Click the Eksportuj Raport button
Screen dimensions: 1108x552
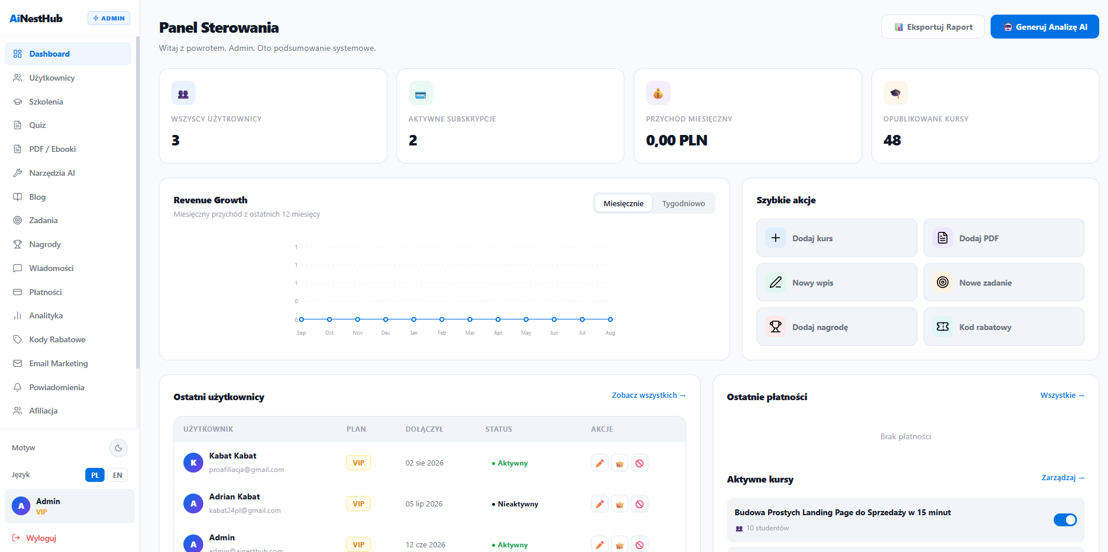click(x=933, y=27)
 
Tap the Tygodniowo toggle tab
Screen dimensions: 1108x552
click(x=683, y=203)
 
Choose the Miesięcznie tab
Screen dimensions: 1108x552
click(x=623, y=203)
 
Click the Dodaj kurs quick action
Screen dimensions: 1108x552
click(x=836, y=238)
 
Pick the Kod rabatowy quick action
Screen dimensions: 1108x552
click(x=1003, y=327)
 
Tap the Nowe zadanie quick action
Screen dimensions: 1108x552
click(x=1003, y=282)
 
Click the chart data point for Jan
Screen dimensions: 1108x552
click(x=414, y=320)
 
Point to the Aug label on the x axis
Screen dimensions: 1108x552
click(x=610, y=333)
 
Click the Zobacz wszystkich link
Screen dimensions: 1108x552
click(x=649, y=395)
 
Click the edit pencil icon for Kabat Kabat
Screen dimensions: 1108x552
click(x=600, y=463)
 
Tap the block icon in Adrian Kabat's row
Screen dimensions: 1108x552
click(x=640, y=504)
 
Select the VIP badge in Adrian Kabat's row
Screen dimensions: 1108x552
click(x=359, y=504)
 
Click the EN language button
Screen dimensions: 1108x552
click(x=117, y=475)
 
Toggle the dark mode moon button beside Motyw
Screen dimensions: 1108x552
click(x=119, y=448)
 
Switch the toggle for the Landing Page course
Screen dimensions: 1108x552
click(x=1065, y=520)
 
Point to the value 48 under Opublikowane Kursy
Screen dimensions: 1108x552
click(x=892, y=140)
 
